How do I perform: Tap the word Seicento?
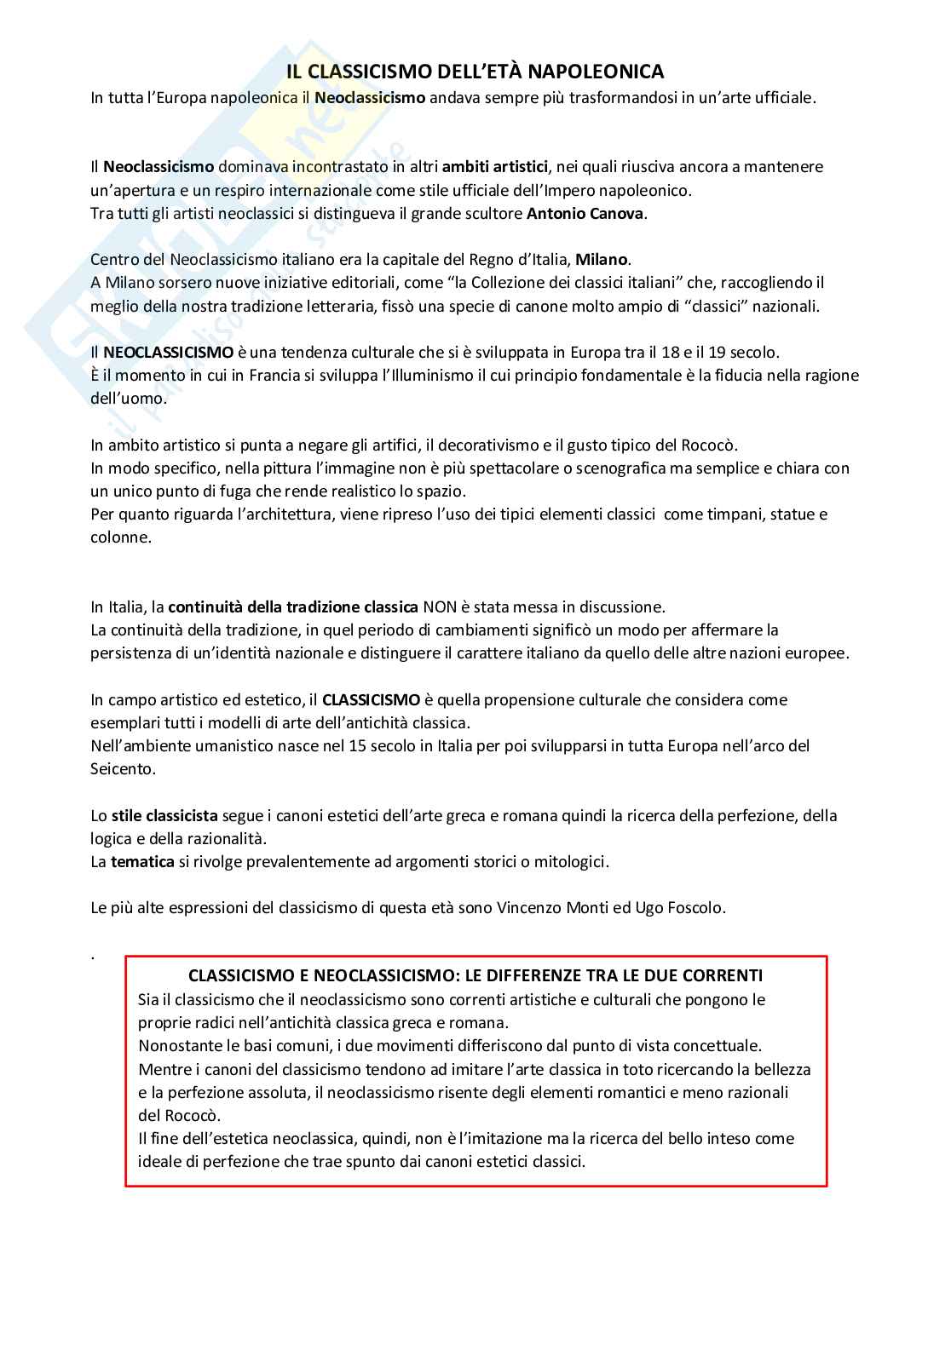point(124,769)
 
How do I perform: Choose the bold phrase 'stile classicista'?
point(164,816)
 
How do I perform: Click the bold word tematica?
point(142,862)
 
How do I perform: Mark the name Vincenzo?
point(528,908)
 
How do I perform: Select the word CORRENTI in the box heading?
point(724,976)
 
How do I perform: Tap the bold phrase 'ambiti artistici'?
point(495,167)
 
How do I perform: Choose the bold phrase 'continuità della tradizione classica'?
point(293,607)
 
